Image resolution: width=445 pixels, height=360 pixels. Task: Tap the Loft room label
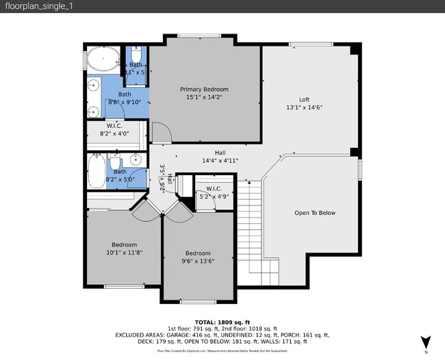(x=304, y=99)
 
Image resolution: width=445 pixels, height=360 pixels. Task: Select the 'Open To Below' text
(x=315, y=213)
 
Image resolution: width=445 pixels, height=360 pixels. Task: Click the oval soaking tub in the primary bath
(x=103, y=60)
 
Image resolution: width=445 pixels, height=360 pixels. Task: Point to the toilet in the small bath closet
(x=136, y=55)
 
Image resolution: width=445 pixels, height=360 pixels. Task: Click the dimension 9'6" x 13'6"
(x=197, y=260)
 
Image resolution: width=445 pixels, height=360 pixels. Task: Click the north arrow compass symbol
(x=425, y=342)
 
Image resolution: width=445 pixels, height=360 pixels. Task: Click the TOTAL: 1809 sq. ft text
(x=222, y=322)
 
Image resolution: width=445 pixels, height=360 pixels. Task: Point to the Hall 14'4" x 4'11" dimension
(x=220, y=161)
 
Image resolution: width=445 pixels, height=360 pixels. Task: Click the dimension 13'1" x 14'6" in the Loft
(x=304, y=107)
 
